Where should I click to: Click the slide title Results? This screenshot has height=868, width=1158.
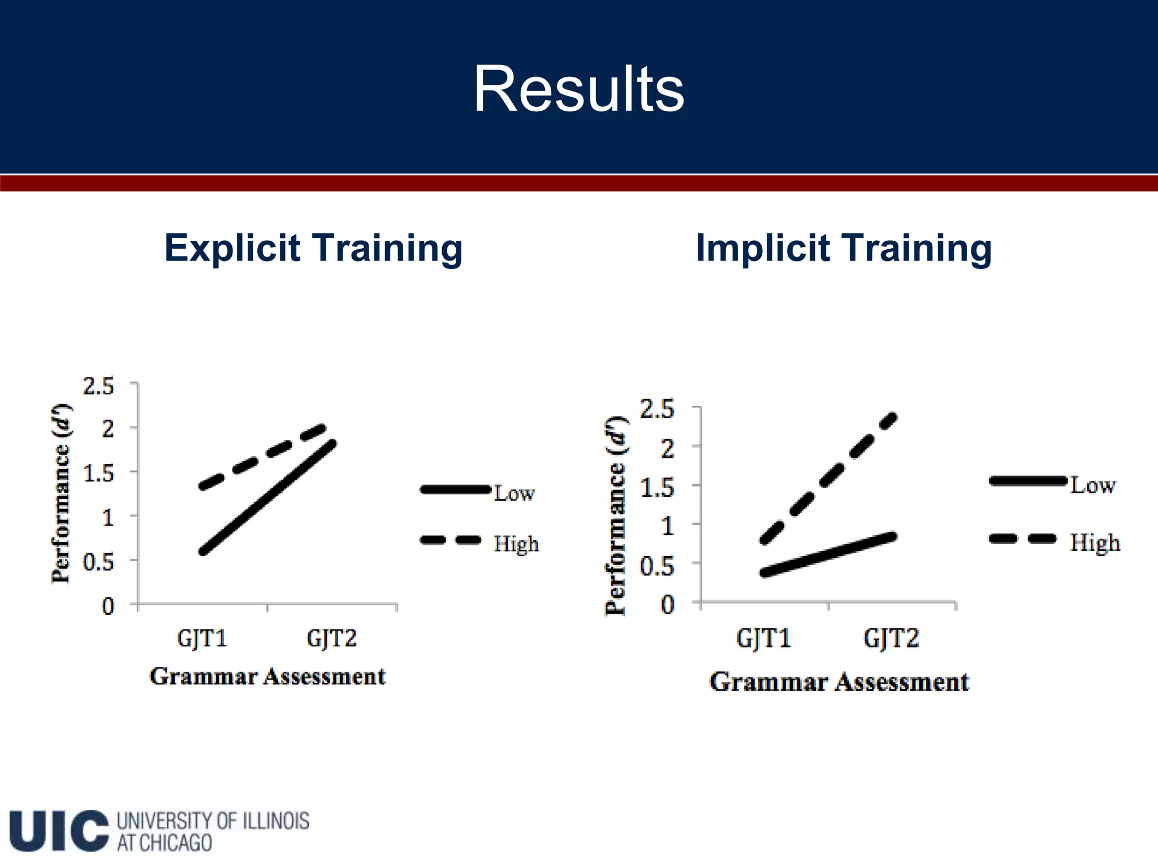point(578,89)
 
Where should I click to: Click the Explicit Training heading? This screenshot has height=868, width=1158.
point(313,248)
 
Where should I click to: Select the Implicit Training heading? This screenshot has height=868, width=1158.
point(843,248)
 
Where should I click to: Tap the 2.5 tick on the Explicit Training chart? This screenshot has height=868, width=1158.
point(98,387)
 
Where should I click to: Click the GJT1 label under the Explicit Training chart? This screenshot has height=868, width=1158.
point(202,639)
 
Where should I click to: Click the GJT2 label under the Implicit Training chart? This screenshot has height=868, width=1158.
point(891,639)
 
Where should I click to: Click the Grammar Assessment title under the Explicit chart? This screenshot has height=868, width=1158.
point(267,676)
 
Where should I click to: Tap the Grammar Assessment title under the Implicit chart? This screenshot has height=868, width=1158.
point(839,682)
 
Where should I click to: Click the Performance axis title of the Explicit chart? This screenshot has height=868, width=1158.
point(61,493)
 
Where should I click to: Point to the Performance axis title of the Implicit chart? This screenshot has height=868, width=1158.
point(615,515)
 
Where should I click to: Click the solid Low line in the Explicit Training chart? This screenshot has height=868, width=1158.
point(269,497)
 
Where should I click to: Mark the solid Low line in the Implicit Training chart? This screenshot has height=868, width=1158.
point(828,554)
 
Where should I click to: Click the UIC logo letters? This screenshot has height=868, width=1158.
point(58,831)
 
